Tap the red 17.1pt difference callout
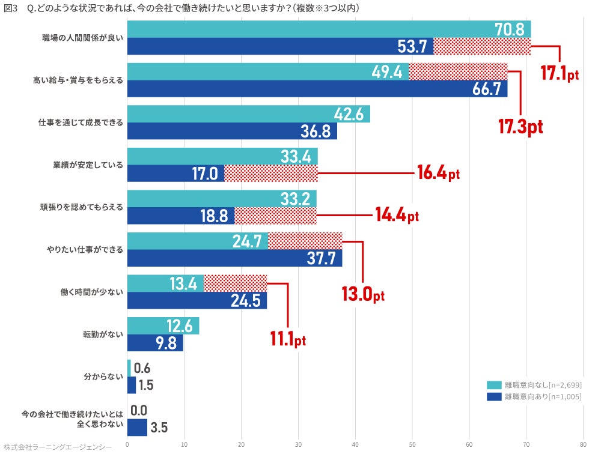559,74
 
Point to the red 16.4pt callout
438,174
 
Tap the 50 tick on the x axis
412,446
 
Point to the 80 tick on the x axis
583,446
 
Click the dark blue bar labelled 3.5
137,428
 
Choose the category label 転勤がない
103,334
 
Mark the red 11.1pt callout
288,340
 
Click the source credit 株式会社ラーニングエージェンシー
58,447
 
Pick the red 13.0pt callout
363,295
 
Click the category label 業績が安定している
88,165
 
